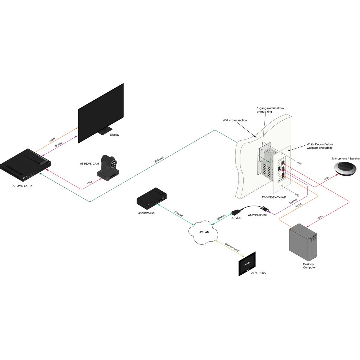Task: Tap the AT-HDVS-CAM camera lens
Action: (x=113, y=164)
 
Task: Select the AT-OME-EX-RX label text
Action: (x=22, y=186)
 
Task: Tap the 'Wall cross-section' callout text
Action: (x=235, y=120)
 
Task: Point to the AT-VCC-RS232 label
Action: (x=257, y=215)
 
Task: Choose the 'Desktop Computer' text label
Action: (x=309, y=266)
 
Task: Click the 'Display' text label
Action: (x=114, y=135)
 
